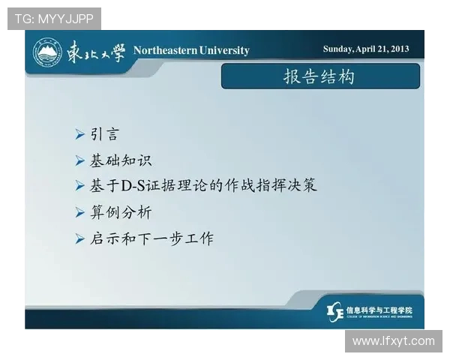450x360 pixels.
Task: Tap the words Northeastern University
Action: coord(191,50)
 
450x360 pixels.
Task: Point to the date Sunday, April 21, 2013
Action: coord(366,49)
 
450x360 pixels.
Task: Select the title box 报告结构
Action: coord(319,76)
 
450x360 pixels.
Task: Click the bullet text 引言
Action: coord(104,135)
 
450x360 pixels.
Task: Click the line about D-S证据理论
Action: coord(203,185)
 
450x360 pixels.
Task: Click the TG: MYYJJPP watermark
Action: coord(54,19)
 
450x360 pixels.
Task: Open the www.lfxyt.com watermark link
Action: coord(393,341)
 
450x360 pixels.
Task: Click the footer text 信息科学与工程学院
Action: coord(379,309)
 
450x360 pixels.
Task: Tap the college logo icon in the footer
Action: coord(335,311)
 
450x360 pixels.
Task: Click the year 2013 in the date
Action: coord(398,49)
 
